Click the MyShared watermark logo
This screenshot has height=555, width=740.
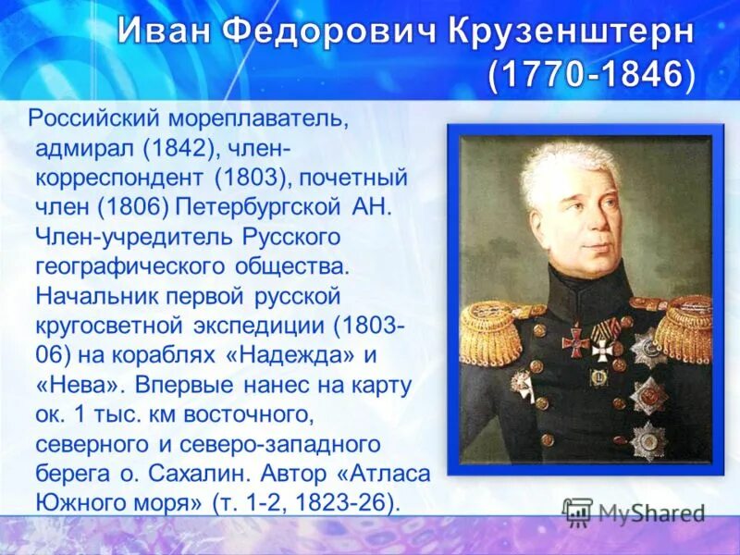click(634, 512)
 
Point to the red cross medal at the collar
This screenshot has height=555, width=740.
click(575, 339)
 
